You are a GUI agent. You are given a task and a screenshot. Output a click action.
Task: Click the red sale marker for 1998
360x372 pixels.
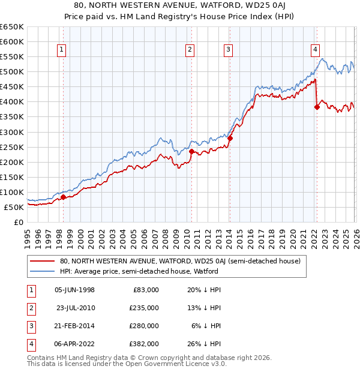coord(63,197)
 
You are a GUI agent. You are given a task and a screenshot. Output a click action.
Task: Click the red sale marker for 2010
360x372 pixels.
coord(191,151)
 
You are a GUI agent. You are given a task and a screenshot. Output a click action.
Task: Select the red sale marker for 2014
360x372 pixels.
coord(230,138)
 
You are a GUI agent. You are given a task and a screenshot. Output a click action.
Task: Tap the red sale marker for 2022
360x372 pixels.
coord(316,107)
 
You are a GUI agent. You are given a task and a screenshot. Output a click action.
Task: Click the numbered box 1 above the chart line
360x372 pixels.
coord(62,50)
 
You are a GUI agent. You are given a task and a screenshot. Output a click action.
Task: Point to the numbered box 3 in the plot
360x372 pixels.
coord(229,50)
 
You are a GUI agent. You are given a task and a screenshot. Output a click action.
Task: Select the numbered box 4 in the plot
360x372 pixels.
coord(315,50)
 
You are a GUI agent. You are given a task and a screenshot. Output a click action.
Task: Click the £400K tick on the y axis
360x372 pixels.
coord(12,102)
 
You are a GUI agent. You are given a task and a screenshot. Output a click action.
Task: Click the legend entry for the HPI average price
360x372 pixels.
coord(138,271)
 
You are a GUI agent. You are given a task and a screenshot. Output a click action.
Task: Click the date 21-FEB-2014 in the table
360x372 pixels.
coord(74,326)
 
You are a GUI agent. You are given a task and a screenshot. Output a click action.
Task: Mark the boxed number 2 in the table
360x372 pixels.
coord(30,308)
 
